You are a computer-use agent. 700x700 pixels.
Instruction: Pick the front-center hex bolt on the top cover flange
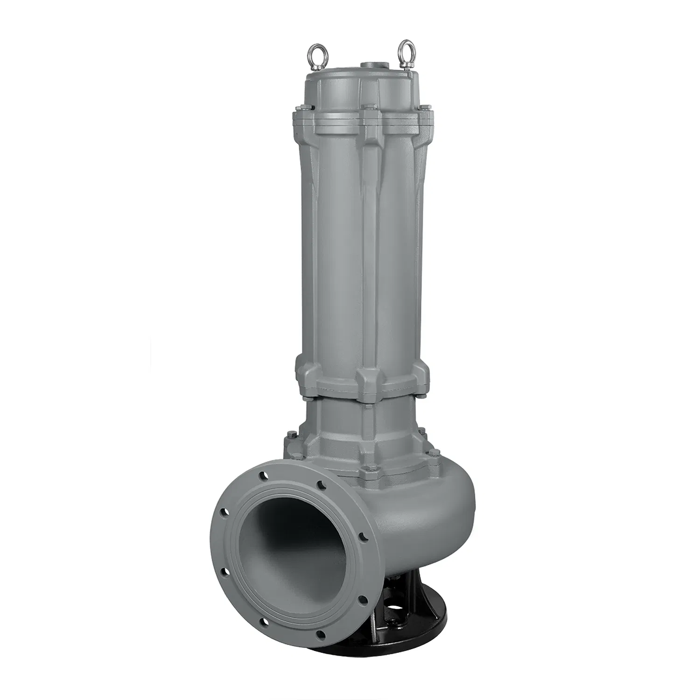click(367, 110)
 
